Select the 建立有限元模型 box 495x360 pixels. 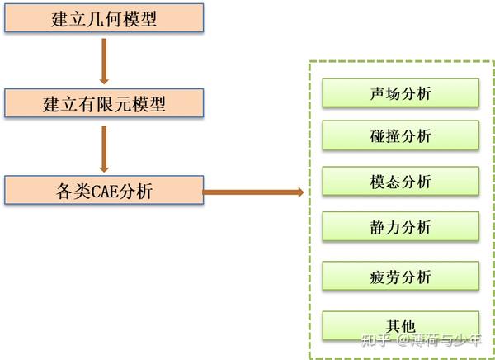click(103, 104)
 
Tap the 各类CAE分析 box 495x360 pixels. click(103, 192)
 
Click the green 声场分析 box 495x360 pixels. click(401, 92)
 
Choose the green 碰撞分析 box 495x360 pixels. click(401, 136)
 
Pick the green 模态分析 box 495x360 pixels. click(401, 181)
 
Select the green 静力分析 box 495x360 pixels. click(401, 225)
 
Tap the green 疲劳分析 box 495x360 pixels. click(401, 277)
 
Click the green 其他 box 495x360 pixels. click(401, 324)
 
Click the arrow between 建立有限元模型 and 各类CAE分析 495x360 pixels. click(104, 148)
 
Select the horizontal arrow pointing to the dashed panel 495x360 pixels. click(252, 192)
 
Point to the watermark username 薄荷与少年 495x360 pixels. click(446, 339)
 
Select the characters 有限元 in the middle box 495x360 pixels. click(104, 104)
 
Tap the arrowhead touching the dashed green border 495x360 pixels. click(299, 192)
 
